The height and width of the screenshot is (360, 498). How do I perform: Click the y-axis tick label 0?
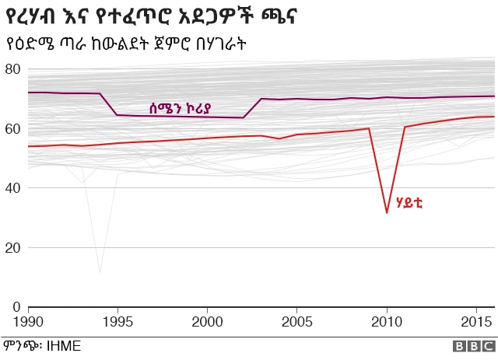(16, 307)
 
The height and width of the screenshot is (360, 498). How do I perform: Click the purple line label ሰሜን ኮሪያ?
(181, 108)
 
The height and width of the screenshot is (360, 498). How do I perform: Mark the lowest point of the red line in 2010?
(387, 212)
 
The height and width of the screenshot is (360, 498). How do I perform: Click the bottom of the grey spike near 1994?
(100, 272)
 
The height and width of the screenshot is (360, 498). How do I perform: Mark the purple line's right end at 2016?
(494, 96)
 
